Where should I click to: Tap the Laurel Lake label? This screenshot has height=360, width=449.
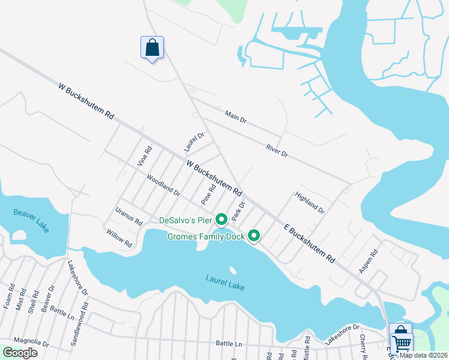(225, 282)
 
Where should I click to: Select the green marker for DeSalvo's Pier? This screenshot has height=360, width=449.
(220, 220)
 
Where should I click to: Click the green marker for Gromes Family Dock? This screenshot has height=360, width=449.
(254, 236)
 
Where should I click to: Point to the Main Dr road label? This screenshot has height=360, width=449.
(236, 116)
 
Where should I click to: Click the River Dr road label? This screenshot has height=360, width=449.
(277, 151)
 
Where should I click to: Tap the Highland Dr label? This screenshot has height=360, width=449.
(309, 203)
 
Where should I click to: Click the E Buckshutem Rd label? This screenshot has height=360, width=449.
(309, 242)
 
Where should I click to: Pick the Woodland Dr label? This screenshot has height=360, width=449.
(163, 184)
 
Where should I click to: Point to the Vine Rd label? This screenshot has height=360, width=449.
(145, 156)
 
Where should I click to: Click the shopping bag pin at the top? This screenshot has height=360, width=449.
(152, 47)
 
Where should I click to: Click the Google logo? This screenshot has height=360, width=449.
(20, 353)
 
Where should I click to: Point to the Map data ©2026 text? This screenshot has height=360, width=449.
(423, 355)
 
